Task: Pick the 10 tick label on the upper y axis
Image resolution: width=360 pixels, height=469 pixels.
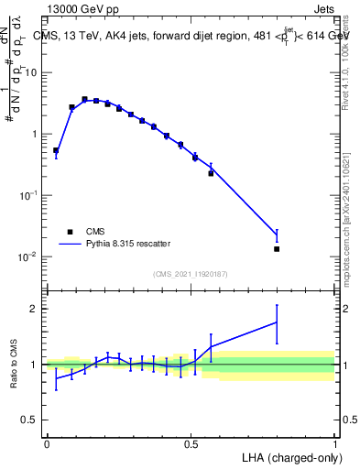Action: click(33, 72)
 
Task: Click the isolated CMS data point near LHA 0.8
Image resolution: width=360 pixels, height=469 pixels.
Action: click(277, 248)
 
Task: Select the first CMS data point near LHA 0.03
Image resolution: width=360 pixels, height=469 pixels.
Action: click(56, 150)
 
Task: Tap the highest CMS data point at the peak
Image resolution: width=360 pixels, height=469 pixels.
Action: click(84, 99)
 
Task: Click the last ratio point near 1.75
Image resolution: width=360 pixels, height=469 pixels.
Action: click(277, 322)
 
